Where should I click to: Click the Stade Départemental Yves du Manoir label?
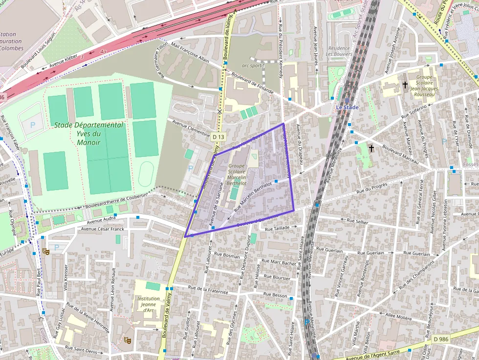pos(88,133)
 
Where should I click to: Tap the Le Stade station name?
pos(347,107)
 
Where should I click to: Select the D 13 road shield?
pos(218,137)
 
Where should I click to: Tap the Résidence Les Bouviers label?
pos(339,51)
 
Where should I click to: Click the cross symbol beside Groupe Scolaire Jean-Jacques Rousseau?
pos(405,85)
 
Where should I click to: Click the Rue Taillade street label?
pos(277,228)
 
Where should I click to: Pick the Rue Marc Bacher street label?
pos(283,263)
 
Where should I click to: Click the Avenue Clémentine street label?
pos(188,125)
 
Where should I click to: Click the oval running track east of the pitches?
pos(146,174)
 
